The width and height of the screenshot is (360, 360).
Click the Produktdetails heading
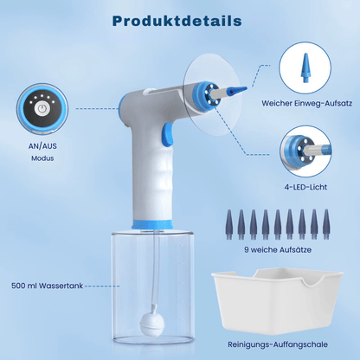pyautogui.click(x=177, y=21)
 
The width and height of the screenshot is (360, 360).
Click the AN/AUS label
pyautogui.click(x=42, y=146)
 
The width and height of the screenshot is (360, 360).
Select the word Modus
pyautogui.click(x=42, y=158)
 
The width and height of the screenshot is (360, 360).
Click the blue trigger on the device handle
pyautogui.click(x=167, y=133)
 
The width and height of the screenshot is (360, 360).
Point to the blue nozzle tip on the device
pyautogui.click(x=236, y=90)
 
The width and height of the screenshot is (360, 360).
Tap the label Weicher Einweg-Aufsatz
pyautogui.click(x=306, y=103)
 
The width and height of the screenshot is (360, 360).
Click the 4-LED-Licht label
pyautogui.click(x=305, y=187)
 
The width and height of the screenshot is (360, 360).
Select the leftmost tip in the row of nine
pyautogui.click(x=229, y=224)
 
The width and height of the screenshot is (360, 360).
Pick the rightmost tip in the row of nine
pyautogui.click(x=326, y=224)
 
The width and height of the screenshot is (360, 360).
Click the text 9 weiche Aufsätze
pyautogui.click(x=278, y=249)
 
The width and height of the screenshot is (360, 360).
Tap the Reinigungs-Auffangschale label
pyautogui.click(x=278, y=344)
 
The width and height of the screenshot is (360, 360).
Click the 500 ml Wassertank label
pyautogui.click(x=47, y=286)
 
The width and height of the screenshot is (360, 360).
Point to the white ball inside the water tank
pyautogui.click(x=152, y=322)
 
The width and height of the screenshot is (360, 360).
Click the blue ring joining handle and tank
pyautogui.click(x=152, y=224)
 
